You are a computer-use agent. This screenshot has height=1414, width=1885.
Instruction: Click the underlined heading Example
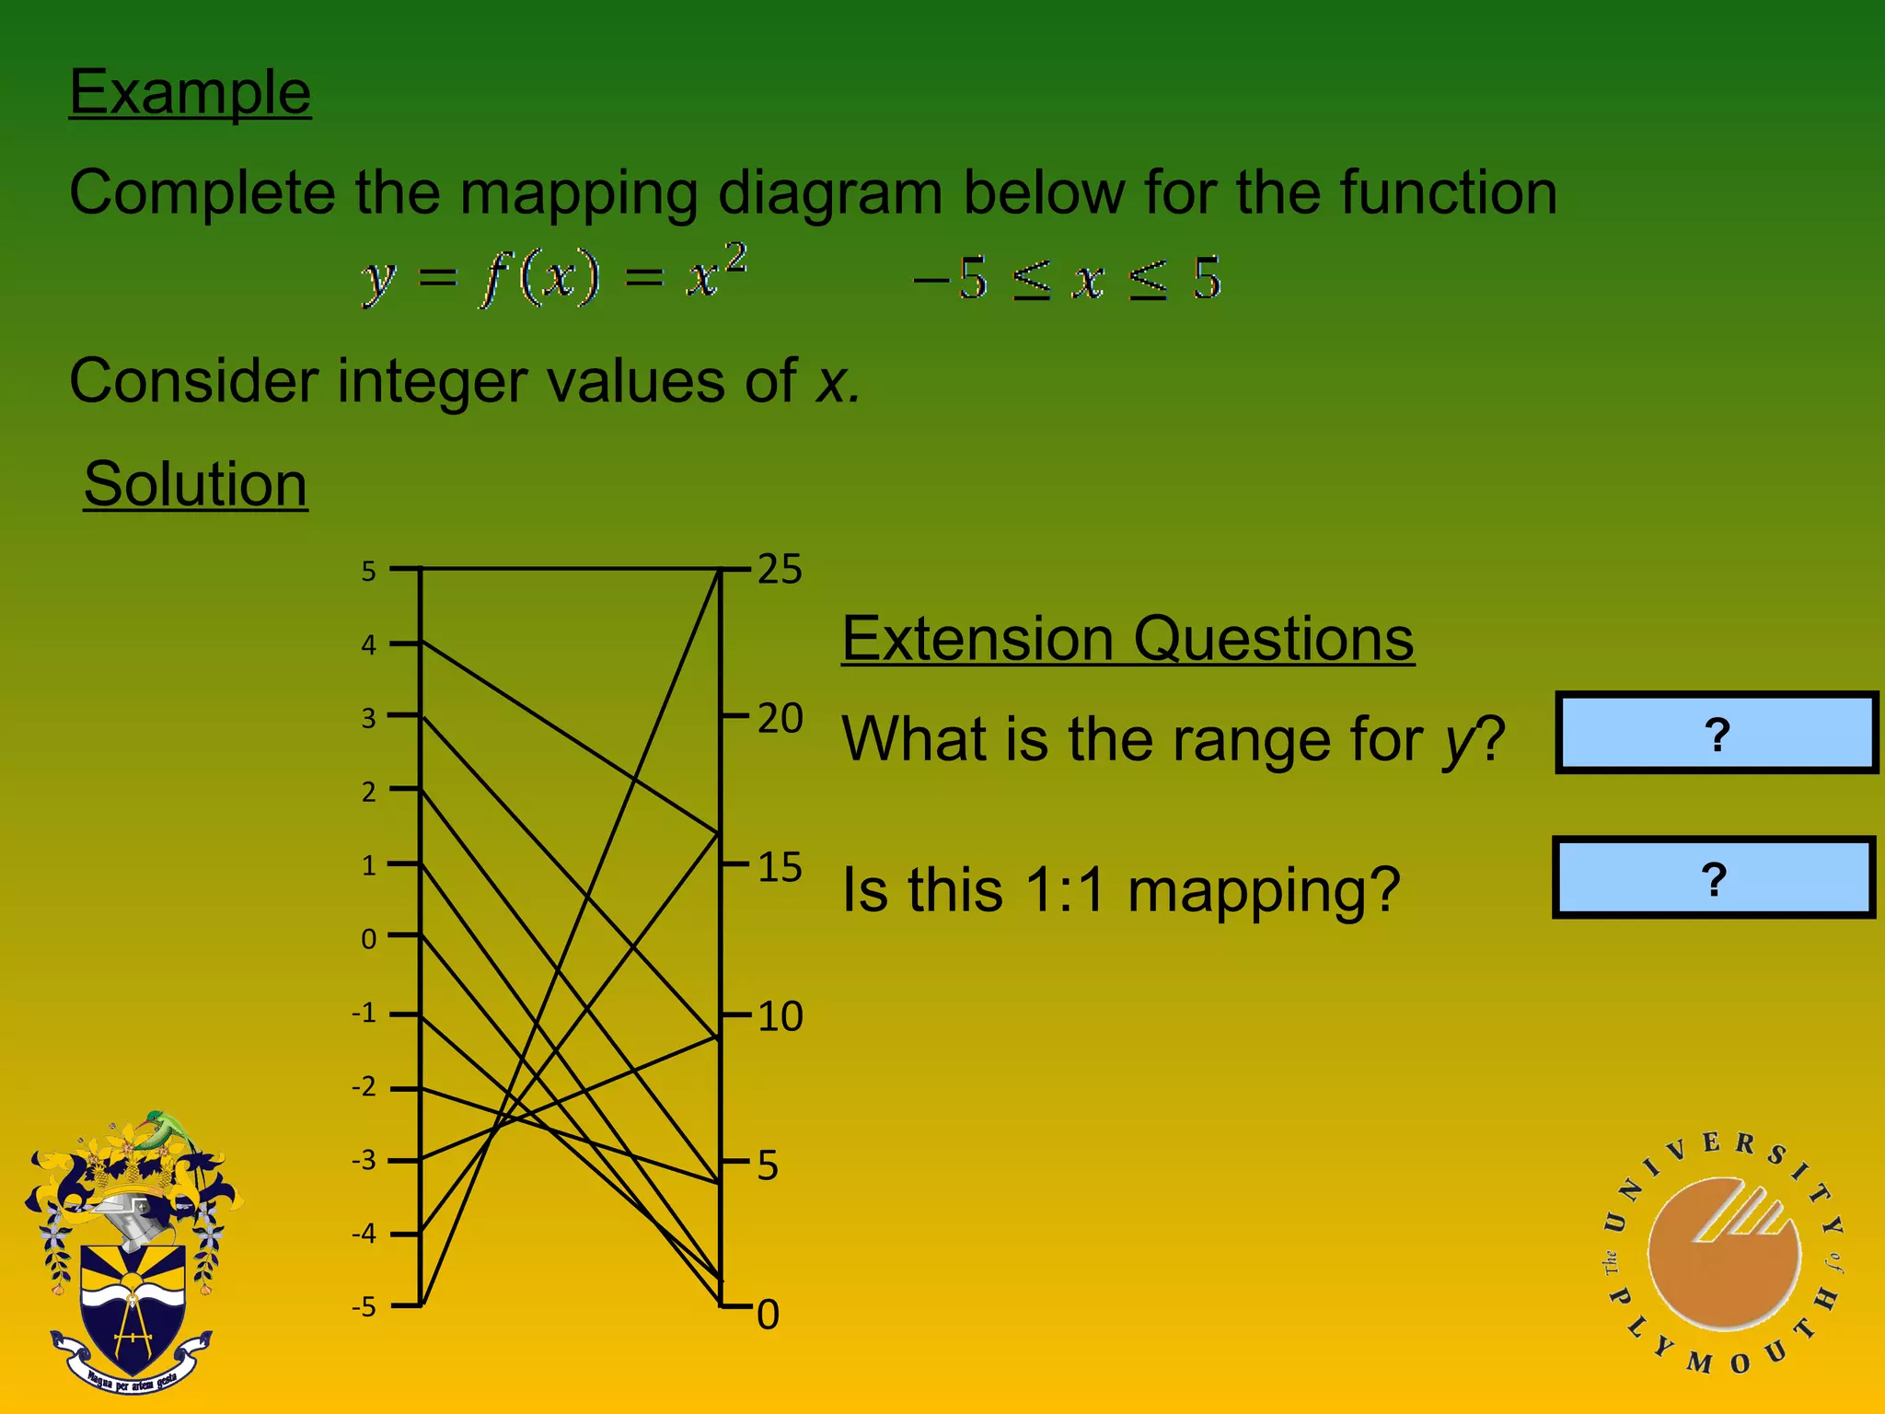[x=191, y=93]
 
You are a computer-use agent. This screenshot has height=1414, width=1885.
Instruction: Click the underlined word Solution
[x=195, y=484]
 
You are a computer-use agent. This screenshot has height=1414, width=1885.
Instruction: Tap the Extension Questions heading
[x=1128, y=639]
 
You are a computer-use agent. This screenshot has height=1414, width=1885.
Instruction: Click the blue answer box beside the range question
[x=1716, y=734]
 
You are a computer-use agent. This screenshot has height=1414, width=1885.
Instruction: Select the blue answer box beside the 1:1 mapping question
[x=1713, y=878]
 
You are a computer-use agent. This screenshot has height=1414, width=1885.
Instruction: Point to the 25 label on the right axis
[x=780, y=570]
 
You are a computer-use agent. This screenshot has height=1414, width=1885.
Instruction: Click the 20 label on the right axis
[x=780, y=719]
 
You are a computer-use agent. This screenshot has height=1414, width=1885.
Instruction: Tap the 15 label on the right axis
[x=780, y=868]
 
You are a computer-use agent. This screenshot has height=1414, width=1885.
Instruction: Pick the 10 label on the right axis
[x=780, y=1017]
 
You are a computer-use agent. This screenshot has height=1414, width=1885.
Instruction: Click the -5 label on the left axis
[x=364, y=1307]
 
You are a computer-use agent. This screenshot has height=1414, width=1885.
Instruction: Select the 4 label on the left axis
[x=368, y=645]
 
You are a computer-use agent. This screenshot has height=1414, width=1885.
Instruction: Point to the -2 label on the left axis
[x=364, y=1087]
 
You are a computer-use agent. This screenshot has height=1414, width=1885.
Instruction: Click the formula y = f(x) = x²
[x=554, y=275]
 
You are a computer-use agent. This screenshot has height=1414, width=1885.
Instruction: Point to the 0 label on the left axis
[x=368, y=940]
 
